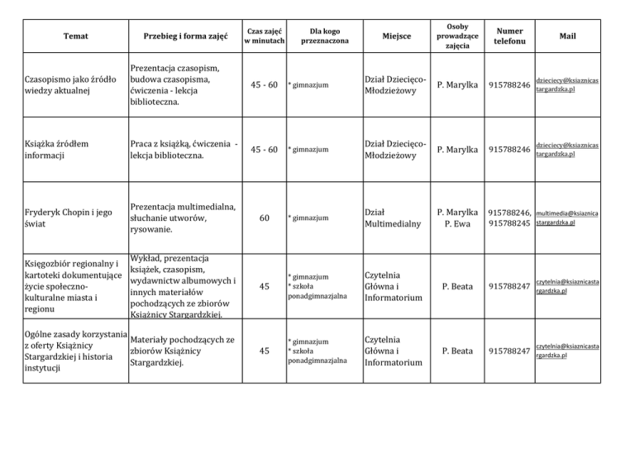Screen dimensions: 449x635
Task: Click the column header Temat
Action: [x=75, y=36]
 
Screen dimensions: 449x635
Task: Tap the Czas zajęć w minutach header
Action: [x=265, y=36]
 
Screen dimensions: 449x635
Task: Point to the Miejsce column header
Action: [x=394, y=36]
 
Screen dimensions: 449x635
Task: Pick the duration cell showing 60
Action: [x=265, y=218]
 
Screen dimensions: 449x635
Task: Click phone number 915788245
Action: [x=508, y=224]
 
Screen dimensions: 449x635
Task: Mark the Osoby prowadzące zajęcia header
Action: [x=456, y=36]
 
